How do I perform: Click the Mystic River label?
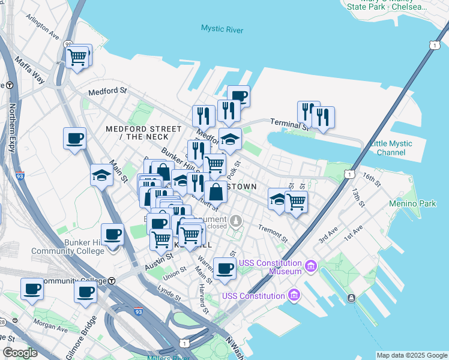221,28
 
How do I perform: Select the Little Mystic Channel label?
391,148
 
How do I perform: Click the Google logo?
20,353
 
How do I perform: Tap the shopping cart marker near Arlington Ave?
77,58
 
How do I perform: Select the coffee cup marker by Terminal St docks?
238,96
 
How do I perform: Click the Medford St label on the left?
107,92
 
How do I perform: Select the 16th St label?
372,178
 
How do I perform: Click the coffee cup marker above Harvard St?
224,269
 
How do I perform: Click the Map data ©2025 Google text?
412,355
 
